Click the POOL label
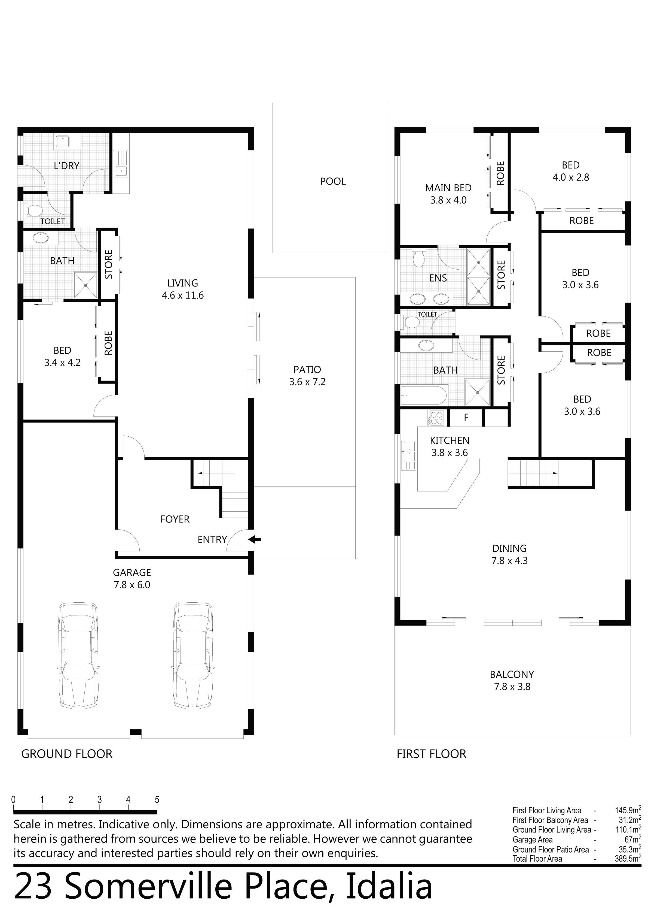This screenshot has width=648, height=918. (333, 182)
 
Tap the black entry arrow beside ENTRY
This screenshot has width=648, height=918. (255, 539)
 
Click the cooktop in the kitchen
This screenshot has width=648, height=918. (435, 418)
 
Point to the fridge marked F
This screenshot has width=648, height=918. (466, 418)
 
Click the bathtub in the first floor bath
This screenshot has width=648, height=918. (424, 395)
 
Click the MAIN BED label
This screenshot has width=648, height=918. (448, 188)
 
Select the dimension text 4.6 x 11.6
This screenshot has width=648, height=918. (183, 295)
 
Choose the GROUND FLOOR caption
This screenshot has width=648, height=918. (67, 754)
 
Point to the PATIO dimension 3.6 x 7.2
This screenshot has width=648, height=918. (307, 382)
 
